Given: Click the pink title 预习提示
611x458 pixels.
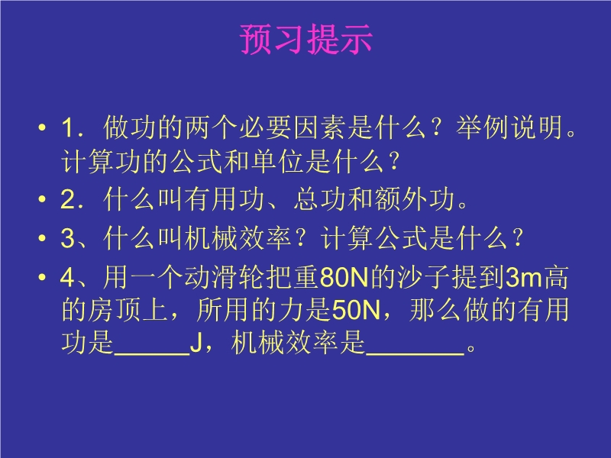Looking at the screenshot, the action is [x=306, y=39].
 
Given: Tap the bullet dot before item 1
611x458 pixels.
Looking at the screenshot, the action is [x=42, y=127].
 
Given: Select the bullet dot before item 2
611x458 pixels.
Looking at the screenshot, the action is [x=42, y=199].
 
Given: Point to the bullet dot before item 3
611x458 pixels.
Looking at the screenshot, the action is [x=42, y=238].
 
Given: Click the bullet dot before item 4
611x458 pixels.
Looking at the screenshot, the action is [x=42, y=277].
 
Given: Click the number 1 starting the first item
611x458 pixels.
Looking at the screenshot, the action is [x=68, y=127].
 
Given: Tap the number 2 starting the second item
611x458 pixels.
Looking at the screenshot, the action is [x=68, y=199].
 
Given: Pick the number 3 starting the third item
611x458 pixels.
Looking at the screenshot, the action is [x=68, y=238].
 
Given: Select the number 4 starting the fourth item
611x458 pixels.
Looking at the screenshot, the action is [x=68, y=278].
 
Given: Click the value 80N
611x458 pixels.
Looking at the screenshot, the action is [x=344, y=278].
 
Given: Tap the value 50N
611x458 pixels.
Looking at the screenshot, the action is [x=356, y=311].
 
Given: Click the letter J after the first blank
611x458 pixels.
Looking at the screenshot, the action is [x=196, y=343].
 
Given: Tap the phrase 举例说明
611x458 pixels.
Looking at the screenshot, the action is [x=509, y=127].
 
